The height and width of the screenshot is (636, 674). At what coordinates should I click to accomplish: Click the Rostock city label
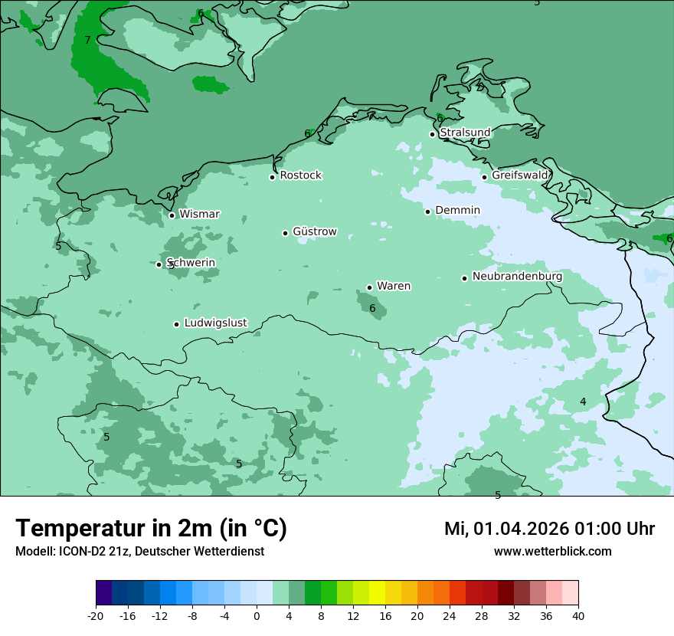[300, 175]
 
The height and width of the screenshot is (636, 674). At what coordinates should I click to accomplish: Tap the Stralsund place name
[465, 133]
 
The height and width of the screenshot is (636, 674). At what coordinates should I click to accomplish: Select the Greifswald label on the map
[520, 175]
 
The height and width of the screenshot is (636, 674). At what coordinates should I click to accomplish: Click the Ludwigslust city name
[215, 323]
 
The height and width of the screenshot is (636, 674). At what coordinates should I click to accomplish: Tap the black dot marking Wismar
[172, 215]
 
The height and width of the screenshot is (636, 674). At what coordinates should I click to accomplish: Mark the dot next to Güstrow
[285, 233]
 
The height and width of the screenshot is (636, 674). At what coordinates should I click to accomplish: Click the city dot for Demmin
[428, 211]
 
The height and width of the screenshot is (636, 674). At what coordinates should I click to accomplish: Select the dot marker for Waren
[369, 287]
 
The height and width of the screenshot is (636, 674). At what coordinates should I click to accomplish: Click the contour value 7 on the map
[87, 40]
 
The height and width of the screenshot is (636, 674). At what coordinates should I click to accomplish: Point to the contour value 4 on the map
[583, 402]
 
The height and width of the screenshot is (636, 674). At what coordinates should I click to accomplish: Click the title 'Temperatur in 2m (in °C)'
[151, 529]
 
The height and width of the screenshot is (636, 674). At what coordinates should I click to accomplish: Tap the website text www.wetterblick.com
[552, 552]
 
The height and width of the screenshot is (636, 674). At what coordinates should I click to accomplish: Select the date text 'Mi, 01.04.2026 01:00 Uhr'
[549, 529]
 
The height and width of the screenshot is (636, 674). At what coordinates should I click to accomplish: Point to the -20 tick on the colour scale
[96, 616]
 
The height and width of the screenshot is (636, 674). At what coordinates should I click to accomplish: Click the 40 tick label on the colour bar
[578, 616]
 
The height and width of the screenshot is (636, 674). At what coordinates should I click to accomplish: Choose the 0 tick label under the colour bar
[257, 616]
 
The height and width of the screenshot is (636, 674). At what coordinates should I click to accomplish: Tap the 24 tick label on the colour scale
[450, 616]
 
